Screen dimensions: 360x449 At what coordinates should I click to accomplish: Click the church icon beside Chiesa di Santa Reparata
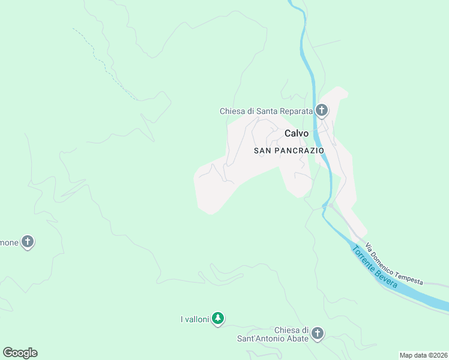322,110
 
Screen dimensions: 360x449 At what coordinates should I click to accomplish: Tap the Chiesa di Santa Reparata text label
267,111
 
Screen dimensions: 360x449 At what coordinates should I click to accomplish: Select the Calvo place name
297,134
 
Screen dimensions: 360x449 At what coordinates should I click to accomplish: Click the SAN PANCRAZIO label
289,151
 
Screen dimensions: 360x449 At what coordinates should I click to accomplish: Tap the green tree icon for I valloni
218,318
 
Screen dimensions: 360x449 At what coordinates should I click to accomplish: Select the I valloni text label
194,319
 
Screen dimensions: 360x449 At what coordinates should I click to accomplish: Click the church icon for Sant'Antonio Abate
318,333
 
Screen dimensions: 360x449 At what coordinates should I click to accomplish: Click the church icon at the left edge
27,242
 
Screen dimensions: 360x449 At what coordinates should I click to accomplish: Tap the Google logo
20,353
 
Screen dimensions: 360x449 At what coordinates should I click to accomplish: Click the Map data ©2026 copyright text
423,355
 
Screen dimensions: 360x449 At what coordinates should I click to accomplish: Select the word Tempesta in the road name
408,275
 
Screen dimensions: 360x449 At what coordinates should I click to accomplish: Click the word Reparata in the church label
297,111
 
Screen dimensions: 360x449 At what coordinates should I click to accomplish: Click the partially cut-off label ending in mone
8,242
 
